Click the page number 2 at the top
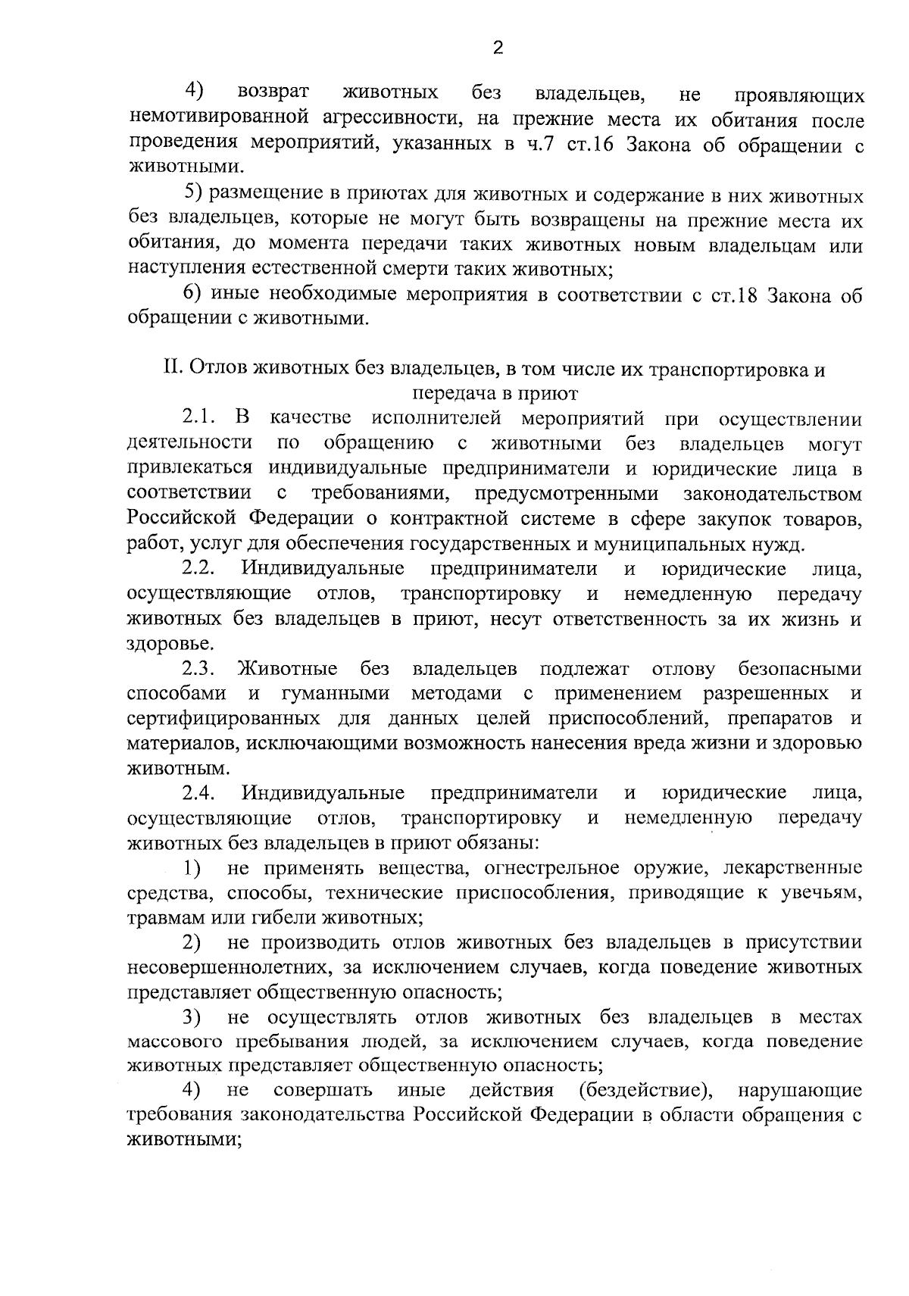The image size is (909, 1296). pos(498,48)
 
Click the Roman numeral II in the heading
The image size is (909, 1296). pos(171,369)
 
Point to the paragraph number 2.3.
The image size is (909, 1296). pos(200,669)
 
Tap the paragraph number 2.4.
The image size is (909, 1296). pos(200,793)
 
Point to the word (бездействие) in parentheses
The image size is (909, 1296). pos(644,1091)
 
